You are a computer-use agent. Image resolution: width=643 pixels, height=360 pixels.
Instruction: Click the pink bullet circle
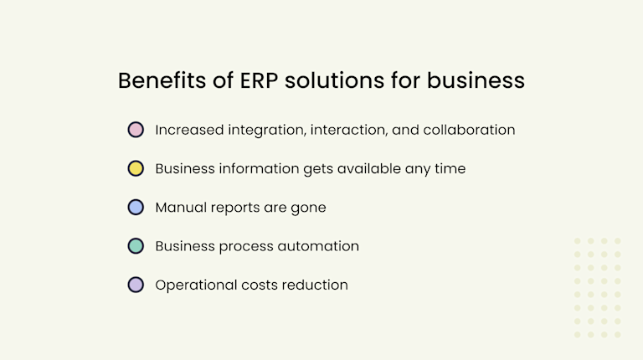coord(136,130)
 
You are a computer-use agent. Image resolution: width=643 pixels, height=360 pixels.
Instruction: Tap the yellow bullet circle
coord(136,168)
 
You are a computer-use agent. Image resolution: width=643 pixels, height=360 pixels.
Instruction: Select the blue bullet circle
coord(136,207)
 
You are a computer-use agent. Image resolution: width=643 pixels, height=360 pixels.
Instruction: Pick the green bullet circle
coord(136,246)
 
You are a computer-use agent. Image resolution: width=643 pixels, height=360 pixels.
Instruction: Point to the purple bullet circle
coord(136,285)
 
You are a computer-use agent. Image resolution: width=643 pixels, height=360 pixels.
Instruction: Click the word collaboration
coord(469,130)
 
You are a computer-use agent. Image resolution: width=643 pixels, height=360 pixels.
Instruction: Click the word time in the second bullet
coord(450,168)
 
